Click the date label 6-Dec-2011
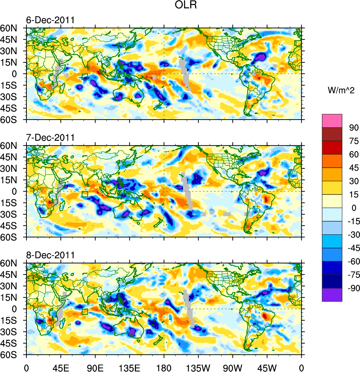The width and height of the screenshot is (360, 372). [x=50, y=20]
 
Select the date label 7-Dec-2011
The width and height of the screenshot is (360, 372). [x=50, y=138]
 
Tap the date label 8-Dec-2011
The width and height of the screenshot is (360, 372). [x=50, y=255]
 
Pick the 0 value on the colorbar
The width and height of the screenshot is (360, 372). [x=354, y=208]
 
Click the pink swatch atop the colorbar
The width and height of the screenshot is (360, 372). [x=332, y=120]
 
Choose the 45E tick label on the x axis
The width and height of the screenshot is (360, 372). [x=61, y=367]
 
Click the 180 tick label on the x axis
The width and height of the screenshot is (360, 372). [x=164, y=367]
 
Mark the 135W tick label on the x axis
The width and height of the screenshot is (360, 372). [x=198, y=367]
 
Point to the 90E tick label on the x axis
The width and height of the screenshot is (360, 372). [x=95, y=367]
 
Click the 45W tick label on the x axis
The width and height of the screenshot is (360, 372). [x=267, y=367]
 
